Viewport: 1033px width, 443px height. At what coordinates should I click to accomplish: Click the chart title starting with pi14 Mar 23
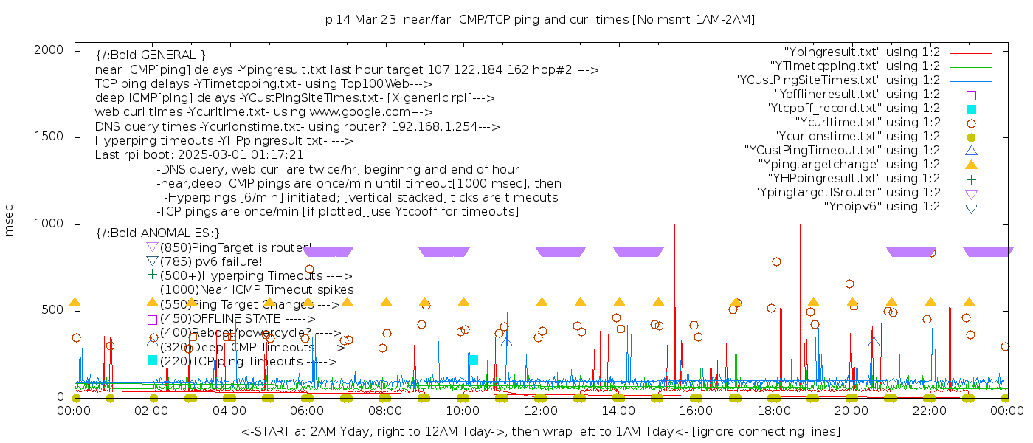540,19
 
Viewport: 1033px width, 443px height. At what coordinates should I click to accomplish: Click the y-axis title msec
10,223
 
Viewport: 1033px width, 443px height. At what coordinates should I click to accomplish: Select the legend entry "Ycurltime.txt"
867,122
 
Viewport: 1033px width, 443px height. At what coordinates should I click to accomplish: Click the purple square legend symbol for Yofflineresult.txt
971,95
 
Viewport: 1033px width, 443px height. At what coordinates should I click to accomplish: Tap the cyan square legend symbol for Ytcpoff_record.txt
971,109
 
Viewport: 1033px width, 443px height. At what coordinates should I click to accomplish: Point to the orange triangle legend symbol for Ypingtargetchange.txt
971,164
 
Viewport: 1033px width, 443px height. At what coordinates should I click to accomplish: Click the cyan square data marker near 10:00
474,360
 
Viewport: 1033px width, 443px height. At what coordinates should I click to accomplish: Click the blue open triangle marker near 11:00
506,341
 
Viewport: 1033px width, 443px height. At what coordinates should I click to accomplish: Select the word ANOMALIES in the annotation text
178,233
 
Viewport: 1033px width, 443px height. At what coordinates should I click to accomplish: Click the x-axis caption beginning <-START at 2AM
540,431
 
